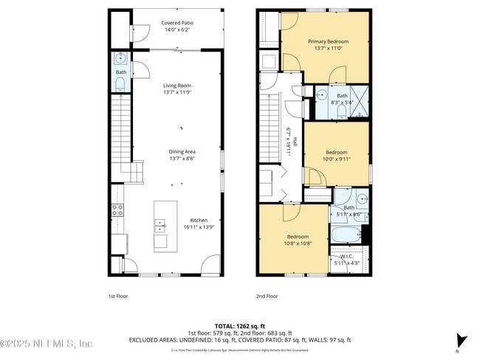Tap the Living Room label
tap(177, 86)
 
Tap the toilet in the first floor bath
tap(120, 85)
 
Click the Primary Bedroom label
tap(328, 42)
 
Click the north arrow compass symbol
tap(462, 340)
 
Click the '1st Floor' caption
tap(117, 296)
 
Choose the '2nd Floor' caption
tap(267, 296)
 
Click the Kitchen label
tap(199, 220)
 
